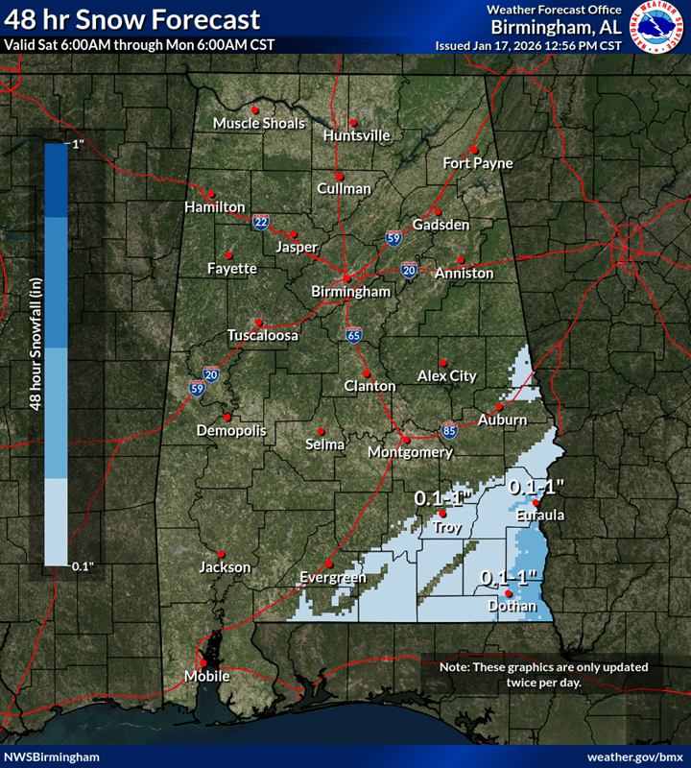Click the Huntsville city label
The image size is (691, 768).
[x=357, y=135]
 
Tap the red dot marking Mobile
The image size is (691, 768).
[x=203, y=661]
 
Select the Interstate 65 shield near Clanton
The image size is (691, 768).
[x=354, y=335]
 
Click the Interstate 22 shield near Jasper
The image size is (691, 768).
[x=261, y=222]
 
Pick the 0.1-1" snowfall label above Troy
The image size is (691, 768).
[x=445, y=498]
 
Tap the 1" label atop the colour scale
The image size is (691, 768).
[x=78, y=144]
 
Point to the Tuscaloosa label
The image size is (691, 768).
[x=263, y=336]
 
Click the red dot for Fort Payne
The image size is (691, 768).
[x=473, y=150]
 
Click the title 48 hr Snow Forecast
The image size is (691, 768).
[x=131, y=18]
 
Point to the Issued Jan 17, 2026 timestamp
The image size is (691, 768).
[x=528, y=45]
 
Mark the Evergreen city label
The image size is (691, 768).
[x=333, y=578]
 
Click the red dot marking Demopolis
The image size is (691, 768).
[x=227, y=417]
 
